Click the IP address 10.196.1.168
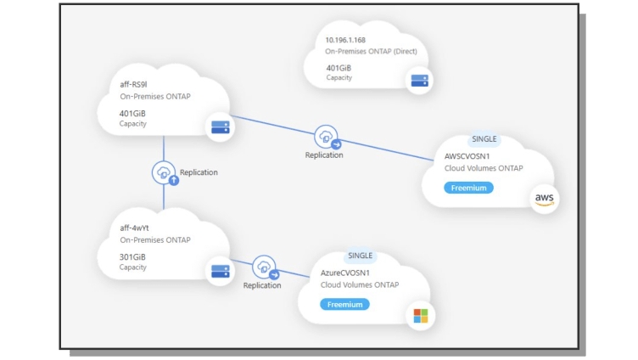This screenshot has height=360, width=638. (345, 40)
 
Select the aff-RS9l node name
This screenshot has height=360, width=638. (133, 85)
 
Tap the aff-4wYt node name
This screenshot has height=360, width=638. (134, 228)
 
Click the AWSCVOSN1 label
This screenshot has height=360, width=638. (467, 156)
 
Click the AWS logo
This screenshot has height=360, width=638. (545, 200)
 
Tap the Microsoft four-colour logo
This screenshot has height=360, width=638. (421, 316)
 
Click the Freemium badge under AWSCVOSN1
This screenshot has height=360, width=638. (468, 188)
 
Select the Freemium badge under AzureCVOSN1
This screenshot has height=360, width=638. (344, 305)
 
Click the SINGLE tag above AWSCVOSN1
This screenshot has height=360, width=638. (484, 139)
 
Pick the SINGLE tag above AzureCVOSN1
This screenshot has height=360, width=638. (360, 256)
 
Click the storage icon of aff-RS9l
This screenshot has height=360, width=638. (221, 127)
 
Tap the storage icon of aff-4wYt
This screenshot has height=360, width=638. (221, 272)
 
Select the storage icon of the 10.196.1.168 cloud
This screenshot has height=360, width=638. (419, 81)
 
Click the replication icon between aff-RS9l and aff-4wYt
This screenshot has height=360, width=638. (165, 173)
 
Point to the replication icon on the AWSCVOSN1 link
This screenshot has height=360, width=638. (327, 138)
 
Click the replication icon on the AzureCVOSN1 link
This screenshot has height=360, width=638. (265, 267)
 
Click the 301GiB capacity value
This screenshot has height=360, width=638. (132, 257)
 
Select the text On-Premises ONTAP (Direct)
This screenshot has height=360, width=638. (371, 51)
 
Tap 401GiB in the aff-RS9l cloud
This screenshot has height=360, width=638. (132, 114)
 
